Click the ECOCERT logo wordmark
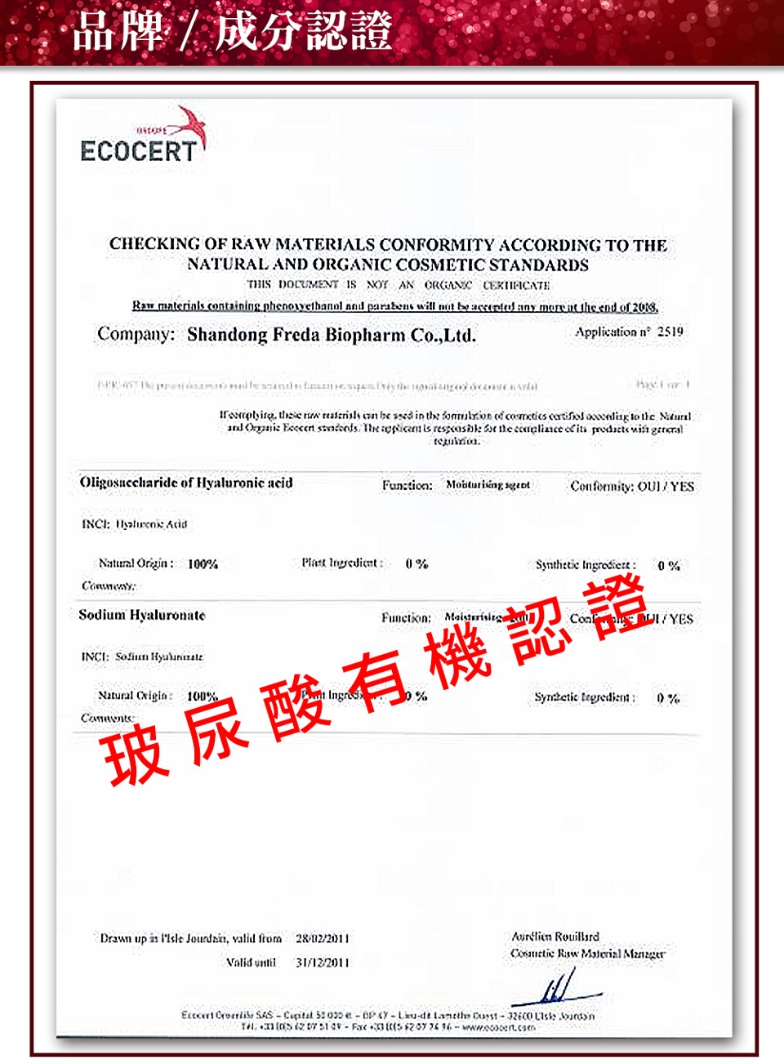(x=138, y=151)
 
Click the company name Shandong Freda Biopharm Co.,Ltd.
(x=331, y=335)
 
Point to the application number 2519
(x=670, y=332)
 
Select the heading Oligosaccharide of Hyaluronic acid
(x=186, y=483)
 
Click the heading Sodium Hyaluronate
(x=142, y=615)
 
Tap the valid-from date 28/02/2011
(x=322, y=939)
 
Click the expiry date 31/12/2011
(x=322, y=963)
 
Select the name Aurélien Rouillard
(x=555, y=937)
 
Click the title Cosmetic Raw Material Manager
(x=587, y=954)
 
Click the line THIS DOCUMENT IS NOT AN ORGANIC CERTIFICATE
(x=398, y=285)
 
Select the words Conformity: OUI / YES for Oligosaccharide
(x=631, y=487)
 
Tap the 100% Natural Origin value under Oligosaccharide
(x=203, y=564)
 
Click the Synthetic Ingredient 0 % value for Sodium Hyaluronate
(x=667, y=698)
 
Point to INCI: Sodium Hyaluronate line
(x=142, y=657)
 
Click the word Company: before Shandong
(x=136, y=334)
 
